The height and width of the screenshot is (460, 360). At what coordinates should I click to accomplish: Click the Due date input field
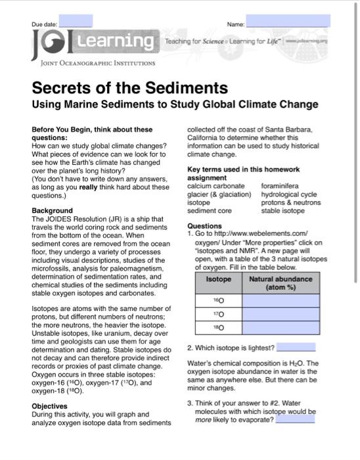coord(76,20)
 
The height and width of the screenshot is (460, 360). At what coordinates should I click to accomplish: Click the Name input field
coord(288,22)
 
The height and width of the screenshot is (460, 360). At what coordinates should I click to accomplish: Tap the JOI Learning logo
coord(93,43)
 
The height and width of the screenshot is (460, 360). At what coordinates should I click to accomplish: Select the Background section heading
coord(53,210)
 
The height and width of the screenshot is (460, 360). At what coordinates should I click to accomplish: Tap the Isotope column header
coord(219,279)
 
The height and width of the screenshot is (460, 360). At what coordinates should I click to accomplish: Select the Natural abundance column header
coord(281,283)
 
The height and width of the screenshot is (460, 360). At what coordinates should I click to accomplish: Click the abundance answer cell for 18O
coord(281,327)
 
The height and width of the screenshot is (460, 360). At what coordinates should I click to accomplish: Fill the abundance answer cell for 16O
coord(281,300)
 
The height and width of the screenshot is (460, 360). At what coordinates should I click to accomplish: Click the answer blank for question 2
coord(296,347)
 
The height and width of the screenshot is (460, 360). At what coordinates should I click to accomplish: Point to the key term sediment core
coord(210,211)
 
